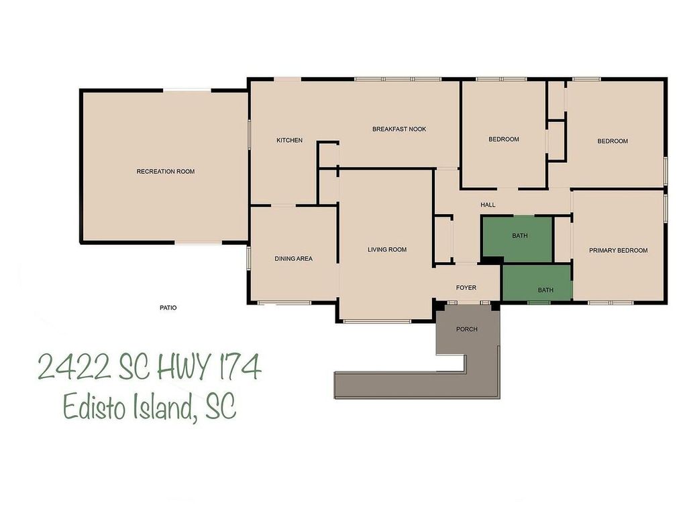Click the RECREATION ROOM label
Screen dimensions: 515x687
pos(166,172)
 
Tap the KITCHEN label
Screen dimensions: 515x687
pos(289,140)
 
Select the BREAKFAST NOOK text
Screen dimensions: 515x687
pos(399,129)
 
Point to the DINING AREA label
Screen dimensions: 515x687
pos(293,259)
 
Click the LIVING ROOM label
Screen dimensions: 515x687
pos(387,250)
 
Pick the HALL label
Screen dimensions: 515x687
pos(488,205)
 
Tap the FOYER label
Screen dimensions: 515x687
pos(466,288)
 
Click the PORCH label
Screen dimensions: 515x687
pos(466,329)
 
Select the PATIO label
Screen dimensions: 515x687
pos(168,308)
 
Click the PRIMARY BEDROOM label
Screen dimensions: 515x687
pos(618,251)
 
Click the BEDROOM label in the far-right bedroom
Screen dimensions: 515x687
pos(613,141)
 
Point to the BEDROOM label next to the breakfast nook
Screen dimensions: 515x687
pos(503,139)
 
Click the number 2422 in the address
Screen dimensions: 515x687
pos(73,367)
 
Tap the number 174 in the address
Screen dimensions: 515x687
pos(236,367)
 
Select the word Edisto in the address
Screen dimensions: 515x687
pos(93,406)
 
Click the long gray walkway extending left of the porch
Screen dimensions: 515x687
pos(396,386)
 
